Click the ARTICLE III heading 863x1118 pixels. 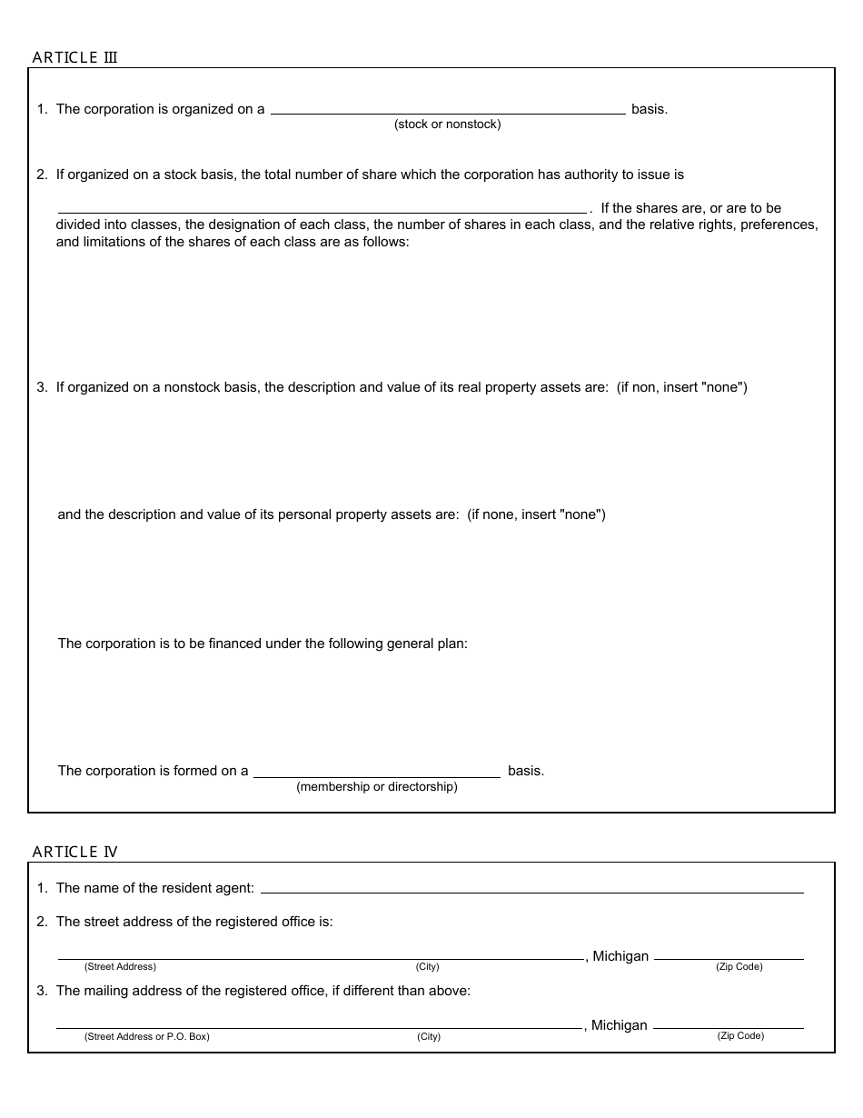click(x=74, y=57)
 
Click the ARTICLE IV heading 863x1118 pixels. click(x=74, y=852)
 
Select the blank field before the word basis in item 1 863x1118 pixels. click(x=448, y=109)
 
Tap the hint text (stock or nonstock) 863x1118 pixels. click(x=447, y=125)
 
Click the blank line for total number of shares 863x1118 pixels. click(x=322, y=208)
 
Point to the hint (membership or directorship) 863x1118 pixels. click(x=377, y=787)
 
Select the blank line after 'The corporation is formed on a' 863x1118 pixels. click(x=376, y=772)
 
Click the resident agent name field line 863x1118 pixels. click(x=531, y=888)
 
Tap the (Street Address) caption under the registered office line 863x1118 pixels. click(x=120, y=967)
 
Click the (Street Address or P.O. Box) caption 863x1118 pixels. click(x=146, y=1037)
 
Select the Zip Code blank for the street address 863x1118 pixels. click(x=729, y=954)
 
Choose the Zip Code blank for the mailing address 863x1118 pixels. click(x=729, y=1023)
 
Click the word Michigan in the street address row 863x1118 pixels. click(x=620, y=956)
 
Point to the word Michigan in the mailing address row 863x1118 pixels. click(x=620, y=1025)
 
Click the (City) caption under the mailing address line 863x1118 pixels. click(x=429, y=1037)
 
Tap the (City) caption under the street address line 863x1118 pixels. click(x=428, y=967)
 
